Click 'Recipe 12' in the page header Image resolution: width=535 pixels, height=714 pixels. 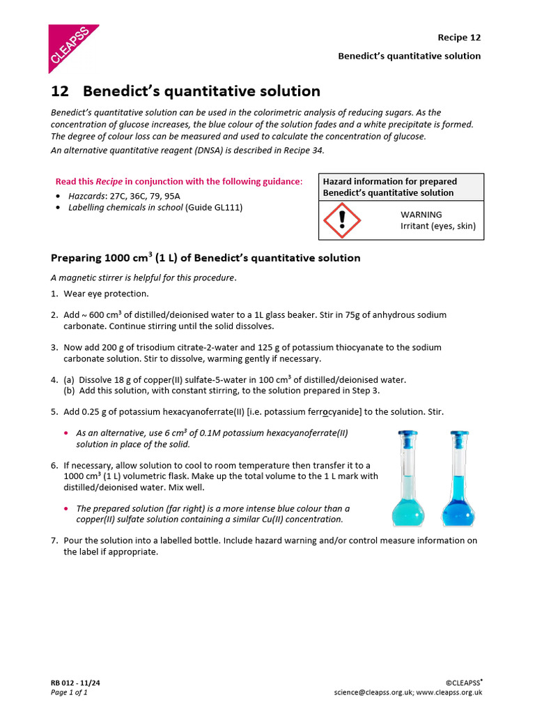pos(458,38)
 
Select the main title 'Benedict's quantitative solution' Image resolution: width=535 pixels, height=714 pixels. pos(201,91)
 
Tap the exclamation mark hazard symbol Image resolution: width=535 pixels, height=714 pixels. pos(342,220)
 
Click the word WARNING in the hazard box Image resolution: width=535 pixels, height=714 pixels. pos(421,215)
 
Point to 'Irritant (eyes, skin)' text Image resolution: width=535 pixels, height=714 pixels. pos(437,226)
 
